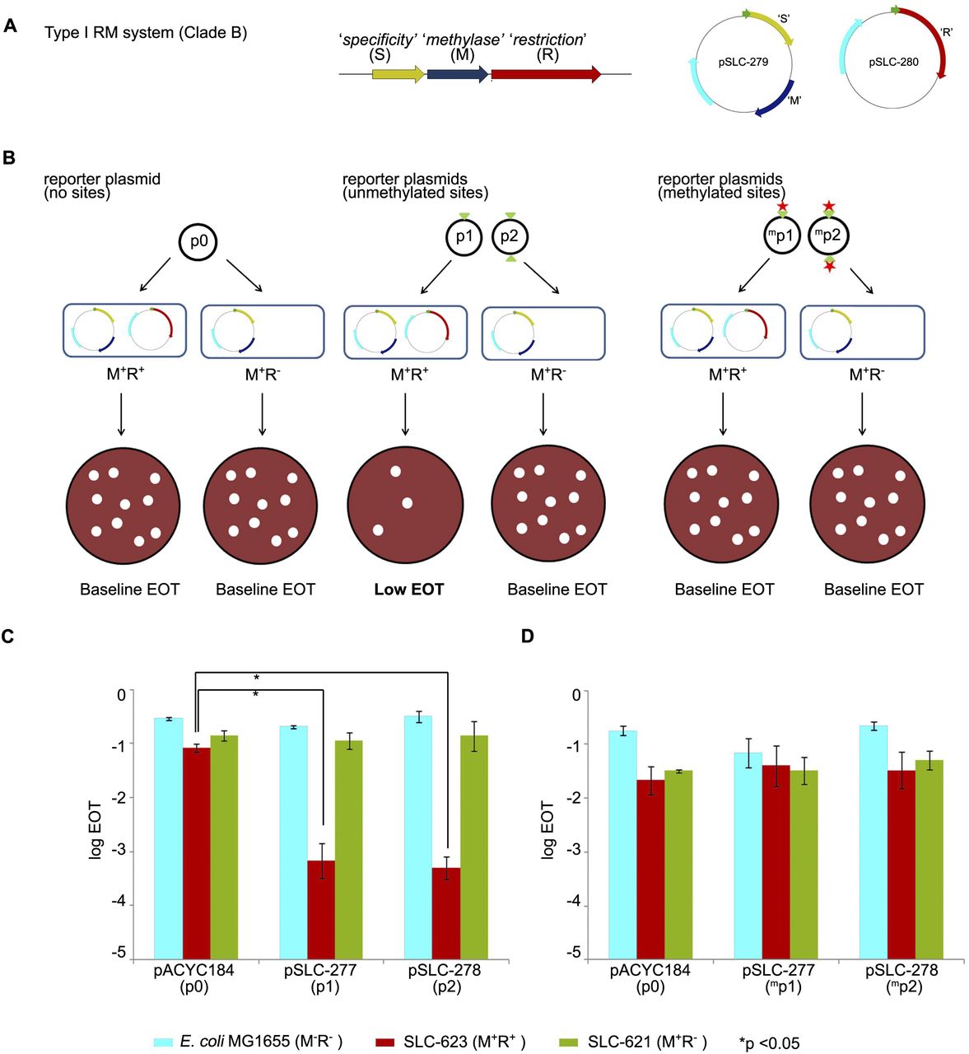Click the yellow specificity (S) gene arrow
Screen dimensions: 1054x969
[x=398, y=74]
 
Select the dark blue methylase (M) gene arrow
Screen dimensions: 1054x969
[x=458, y=74]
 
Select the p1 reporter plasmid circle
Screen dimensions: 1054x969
[x=464, y=237]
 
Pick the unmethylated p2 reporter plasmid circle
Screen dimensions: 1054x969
[x=510, y=237]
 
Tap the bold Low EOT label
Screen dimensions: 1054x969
[x=408, y=590]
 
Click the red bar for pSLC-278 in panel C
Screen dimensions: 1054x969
[x=446, y=912]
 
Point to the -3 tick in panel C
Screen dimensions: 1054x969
[x=120, y=851]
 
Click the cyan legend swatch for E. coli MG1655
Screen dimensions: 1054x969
[x=161, y=1041]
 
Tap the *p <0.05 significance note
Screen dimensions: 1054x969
[x=770, y=1042]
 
